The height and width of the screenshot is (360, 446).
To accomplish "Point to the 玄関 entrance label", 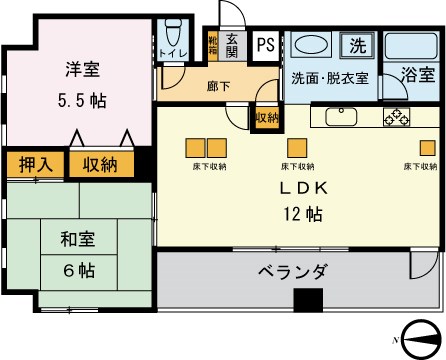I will pos(232,46).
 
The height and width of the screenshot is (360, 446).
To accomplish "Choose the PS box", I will pos(264,45).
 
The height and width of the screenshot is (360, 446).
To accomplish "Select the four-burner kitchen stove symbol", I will pos(397,116).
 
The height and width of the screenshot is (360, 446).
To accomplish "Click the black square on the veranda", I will pos(309,299).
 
